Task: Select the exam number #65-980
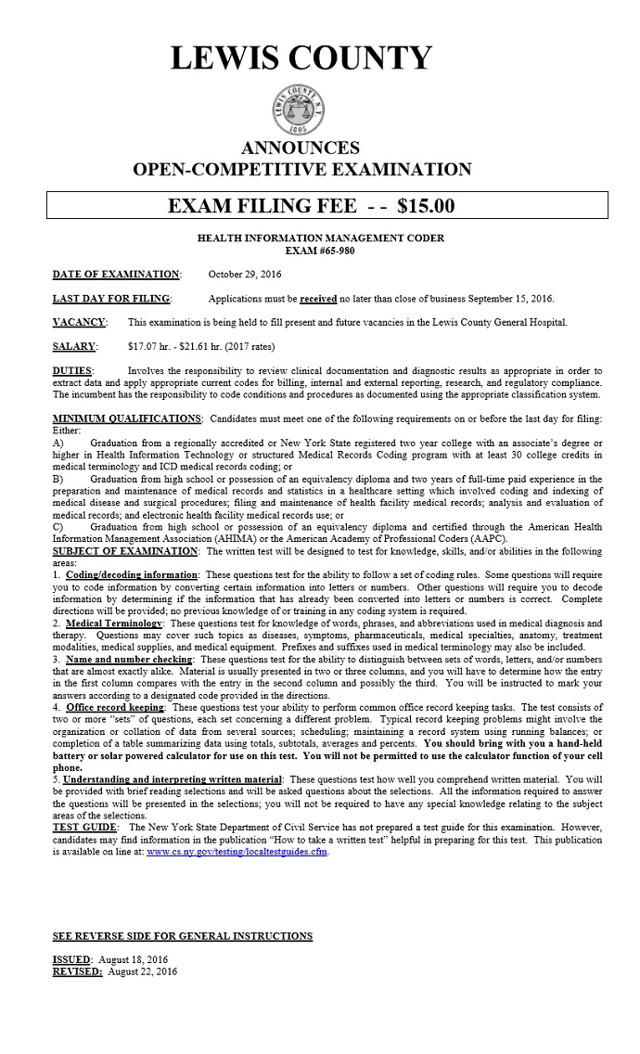pyautogui.click(x=321, y=251)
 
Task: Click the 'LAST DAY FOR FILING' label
pyautogui.click(x=111, y=299)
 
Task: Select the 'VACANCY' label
pyautogui.click(x=80, y=323)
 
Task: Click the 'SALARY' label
pyautogui.click(x=75, y=347)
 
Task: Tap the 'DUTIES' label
pyautogui.click(x=72, y=371)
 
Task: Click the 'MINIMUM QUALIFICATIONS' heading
pyautogui.click(x=127, y=419)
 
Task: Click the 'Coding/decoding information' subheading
pyautogui.click(x=132, y=575)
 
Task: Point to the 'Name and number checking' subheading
pyautogui.click(x=130, y=660)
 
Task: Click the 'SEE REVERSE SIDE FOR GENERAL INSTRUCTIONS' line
pyautogui.click(x=183, y=936)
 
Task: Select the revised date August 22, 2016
pyautogui.click(x=142, y=971)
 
